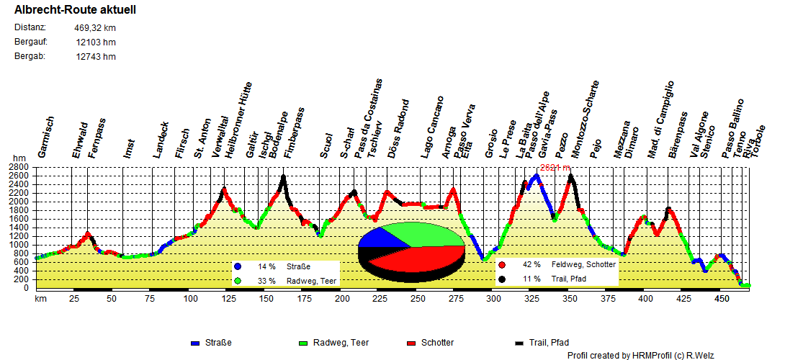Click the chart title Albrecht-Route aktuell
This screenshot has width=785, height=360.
pyautogui.click(x=75, y=10)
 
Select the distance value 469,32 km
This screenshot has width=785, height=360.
pyautogui.click(x=94, y=28)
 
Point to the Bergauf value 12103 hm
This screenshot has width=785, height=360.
pyautogui.click(x=96, y=42)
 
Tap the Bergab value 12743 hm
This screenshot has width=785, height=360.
pyautogui.click(x=96, y=57)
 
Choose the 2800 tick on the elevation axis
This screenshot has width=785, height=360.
pyautogui.click(x=18, y=167)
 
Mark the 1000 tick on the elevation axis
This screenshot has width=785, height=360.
pyautogui.click(x=18, y=245)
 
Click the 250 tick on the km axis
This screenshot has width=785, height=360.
pyautogui.click(x=418, y=298)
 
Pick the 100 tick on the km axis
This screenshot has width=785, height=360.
pyautogui.click(x=191, y=298)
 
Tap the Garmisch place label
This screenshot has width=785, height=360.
pyautogui.click(x=45, y=137)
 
